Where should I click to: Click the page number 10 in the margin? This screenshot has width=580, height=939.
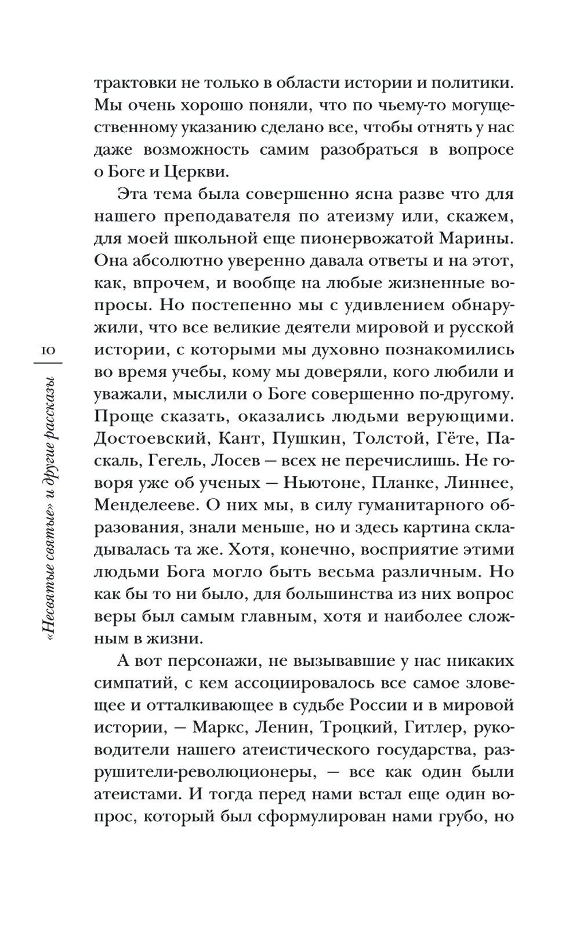[46, 350]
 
